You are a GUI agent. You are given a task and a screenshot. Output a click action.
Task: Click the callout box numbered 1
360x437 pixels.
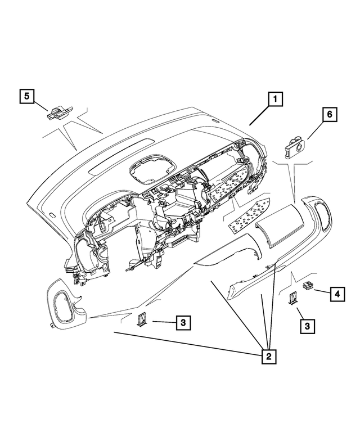click(x=274, y=100)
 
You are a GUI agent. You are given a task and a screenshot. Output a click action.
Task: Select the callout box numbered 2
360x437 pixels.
click(x=269, y=356)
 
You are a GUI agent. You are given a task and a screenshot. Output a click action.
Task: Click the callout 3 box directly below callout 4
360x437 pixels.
click(x=307, y=325)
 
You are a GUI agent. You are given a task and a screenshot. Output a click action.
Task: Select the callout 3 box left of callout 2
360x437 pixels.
click(x=182, y=322)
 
